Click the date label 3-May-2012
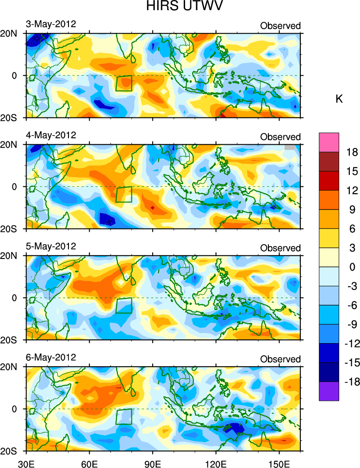click(51, 24)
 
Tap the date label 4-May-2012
click(51, 135)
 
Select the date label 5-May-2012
click(51, 246)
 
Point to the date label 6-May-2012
click(51, 357)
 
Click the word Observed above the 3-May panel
click(280, 26)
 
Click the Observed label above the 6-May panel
click(280, 359)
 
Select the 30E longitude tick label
click(25, 462)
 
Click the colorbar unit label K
click(339, 99)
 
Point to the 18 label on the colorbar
click(353, 152)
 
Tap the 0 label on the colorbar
click(353, 267)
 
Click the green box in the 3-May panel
click(124, 83)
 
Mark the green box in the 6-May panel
click(124, 417)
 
